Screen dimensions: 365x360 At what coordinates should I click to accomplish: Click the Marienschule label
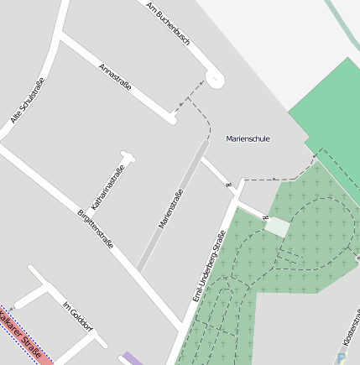pyautogui.click(x=248, y=138)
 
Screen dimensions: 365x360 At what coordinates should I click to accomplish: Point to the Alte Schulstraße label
pyautogui.click(x=27, y=101)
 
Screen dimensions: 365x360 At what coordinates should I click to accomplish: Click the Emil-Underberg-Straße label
pyautogui.click(x=209, y=266)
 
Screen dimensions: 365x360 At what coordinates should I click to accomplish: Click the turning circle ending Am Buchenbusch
pyautogui.click(x=215, y=79)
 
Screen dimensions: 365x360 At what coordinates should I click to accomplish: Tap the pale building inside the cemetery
pyautogui.click(x=277, y=227)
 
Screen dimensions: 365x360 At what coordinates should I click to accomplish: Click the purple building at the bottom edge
pyautogui.click(x=132, y=359)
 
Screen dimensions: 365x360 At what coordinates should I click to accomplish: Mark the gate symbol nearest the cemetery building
pyautogui.click(x=266, y=218)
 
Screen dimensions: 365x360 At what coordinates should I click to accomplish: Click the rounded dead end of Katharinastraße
pyautogui.click(x=127, y=155)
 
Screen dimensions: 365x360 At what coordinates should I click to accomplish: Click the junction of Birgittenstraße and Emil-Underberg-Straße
pyautogui.click(x=184, y=325)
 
